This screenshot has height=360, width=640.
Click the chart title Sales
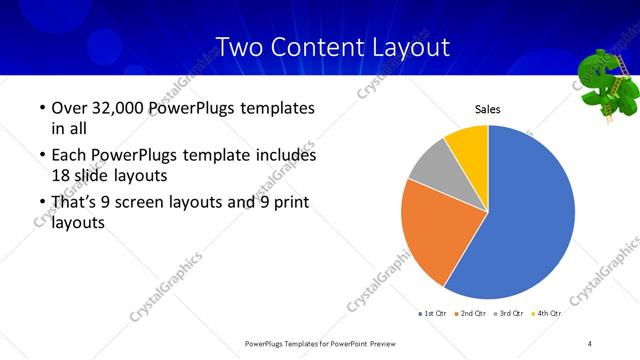pos(487,109)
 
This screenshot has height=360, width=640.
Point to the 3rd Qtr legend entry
pos(509,314)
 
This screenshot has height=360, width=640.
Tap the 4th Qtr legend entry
pos(546,314)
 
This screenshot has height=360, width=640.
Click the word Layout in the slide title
pos(405,46)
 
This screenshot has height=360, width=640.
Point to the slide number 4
pos(590,343)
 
